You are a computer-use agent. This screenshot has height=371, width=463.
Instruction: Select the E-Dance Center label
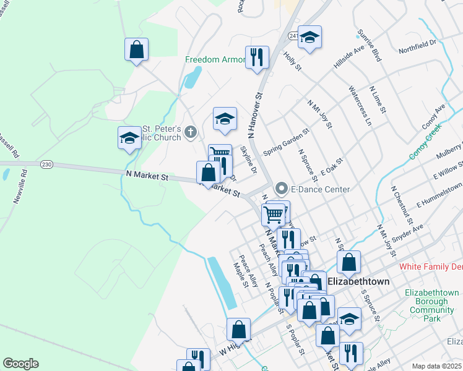click(321, 189)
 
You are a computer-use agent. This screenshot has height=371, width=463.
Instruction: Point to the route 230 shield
click(46, 164)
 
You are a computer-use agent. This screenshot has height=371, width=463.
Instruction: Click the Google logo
click(20, 364)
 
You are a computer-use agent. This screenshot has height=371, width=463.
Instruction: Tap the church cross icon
click(191, 131)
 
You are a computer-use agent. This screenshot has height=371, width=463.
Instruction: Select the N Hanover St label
click(255, 116)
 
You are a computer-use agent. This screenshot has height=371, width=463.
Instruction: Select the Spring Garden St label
click(286, 143)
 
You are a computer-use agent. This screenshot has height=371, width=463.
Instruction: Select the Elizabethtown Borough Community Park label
click(432, 305)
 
